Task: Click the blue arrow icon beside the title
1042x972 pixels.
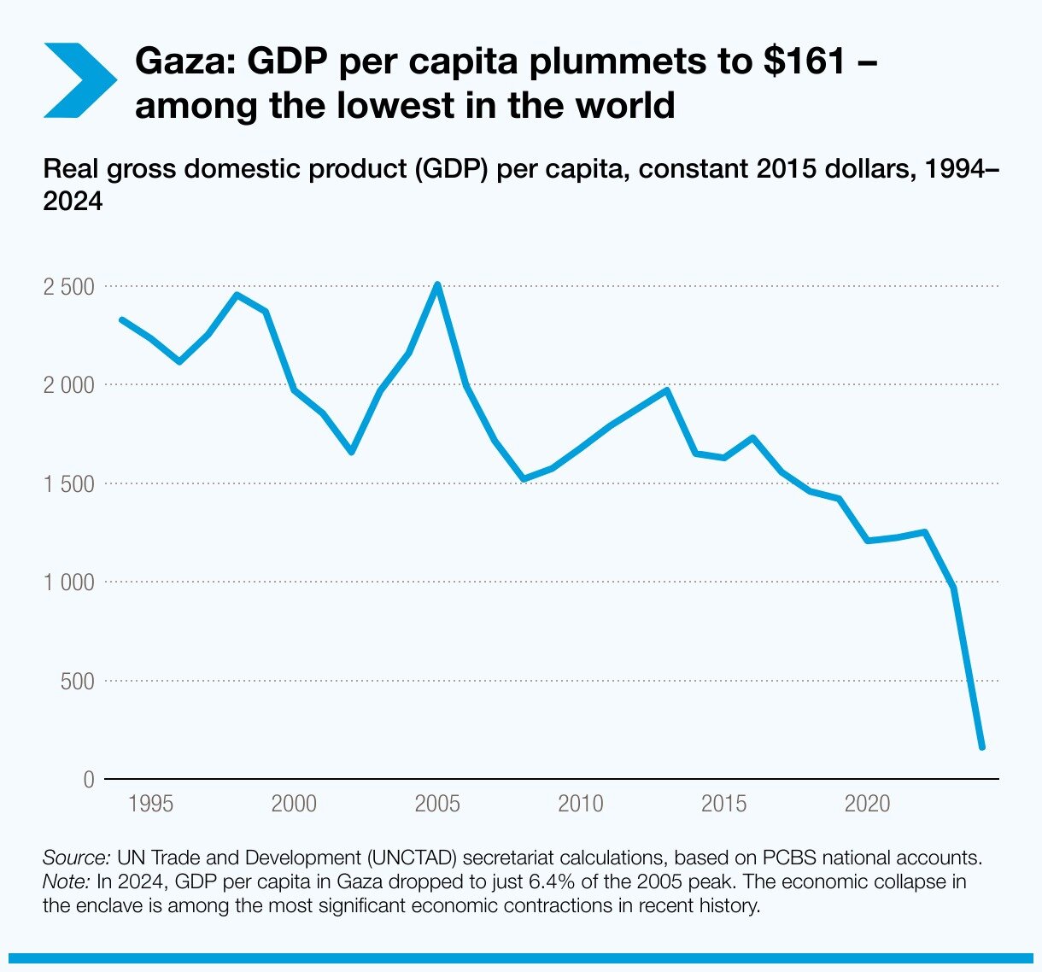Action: click(x=79, y=80)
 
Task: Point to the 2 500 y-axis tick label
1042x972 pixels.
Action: click(x=69, y=287)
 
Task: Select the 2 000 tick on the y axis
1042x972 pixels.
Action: click(x=69, y=385)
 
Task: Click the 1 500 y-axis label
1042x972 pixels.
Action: click(x=69, y=484)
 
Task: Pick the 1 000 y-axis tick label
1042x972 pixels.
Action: click(x=69, y=583)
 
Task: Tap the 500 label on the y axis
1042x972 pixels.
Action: click(x=77, y=682)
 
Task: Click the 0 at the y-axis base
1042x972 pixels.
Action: click(x=89, y=780)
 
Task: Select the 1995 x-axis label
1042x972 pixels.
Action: click(x=150, y=805)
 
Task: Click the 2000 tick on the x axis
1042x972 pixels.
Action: click(x=294, y=805)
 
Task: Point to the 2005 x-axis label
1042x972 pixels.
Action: click(x=437, y=805)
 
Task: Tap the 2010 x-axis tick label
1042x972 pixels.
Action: click(x=581, y=805)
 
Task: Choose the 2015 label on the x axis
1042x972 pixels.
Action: click(x=723, y=805)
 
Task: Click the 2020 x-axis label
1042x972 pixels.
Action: click(x=867, y=805)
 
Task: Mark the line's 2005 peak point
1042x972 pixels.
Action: click(x=437, y=284)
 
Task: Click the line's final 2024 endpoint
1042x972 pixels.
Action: click(x=982, y=747)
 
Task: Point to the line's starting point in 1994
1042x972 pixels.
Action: click(x=122, y=319)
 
